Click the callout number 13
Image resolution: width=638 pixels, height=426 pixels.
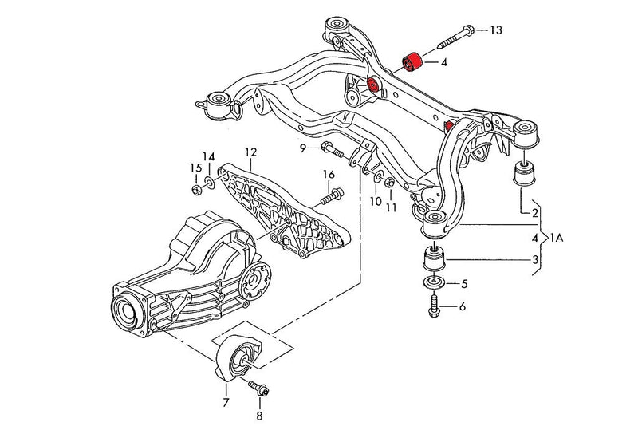click(495, 30)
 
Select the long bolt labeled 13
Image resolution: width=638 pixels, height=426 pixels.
click(451, 37)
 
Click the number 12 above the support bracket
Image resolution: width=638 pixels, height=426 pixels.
click(250, 152)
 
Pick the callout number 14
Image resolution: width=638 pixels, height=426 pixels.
click(208, 156)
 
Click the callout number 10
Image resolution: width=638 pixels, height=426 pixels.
click(375, 202)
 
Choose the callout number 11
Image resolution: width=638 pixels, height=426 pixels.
click(392, 207)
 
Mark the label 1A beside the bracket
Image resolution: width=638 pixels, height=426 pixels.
click(561, 237)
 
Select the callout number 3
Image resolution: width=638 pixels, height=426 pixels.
click(534, 260)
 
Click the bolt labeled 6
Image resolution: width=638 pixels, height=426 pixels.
click(434, 306)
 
